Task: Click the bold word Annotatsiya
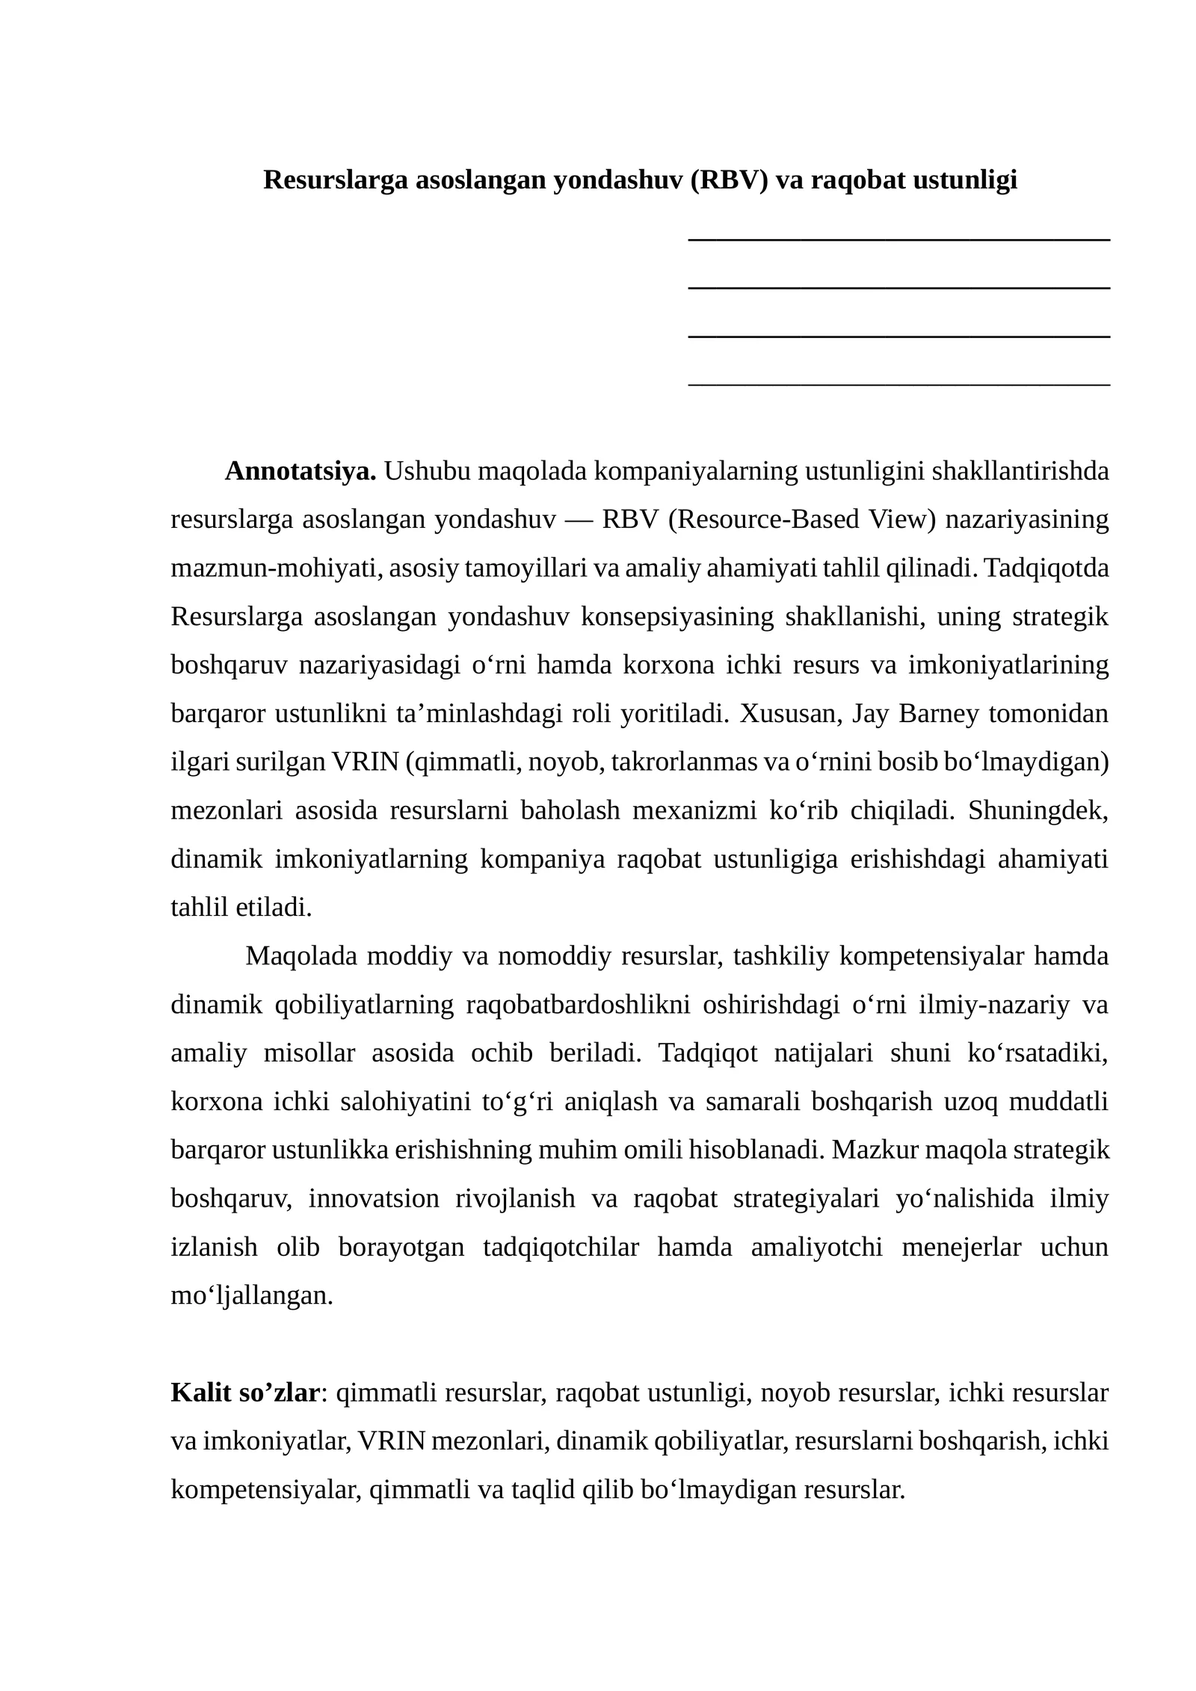300,472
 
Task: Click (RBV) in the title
729,180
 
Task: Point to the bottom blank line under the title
898,385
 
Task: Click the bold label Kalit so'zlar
245,1393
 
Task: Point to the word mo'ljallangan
251,1296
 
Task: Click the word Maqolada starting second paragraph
300,956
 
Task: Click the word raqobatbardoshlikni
578,1005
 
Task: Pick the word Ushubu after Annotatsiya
427,472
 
